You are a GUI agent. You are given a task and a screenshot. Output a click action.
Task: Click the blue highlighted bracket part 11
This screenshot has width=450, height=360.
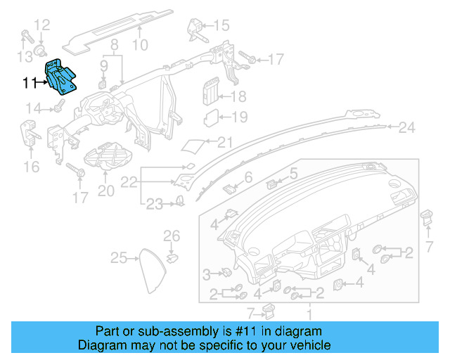(61, 77)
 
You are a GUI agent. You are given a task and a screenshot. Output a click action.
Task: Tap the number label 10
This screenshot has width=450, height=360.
(140, 46)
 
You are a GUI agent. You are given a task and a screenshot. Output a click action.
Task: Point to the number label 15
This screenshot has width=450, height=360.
(221, 26)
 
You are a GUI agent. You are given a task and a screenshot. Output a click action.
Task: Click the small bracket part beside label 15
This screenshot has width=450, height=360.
(195, 28)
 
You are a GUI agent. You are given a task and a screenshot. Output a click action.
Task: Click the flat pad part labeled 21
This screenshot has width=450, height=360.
(193, 145)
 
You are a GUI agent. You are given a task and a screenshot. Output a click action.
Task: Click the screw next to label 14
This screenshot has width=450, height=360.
(57, 107)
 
